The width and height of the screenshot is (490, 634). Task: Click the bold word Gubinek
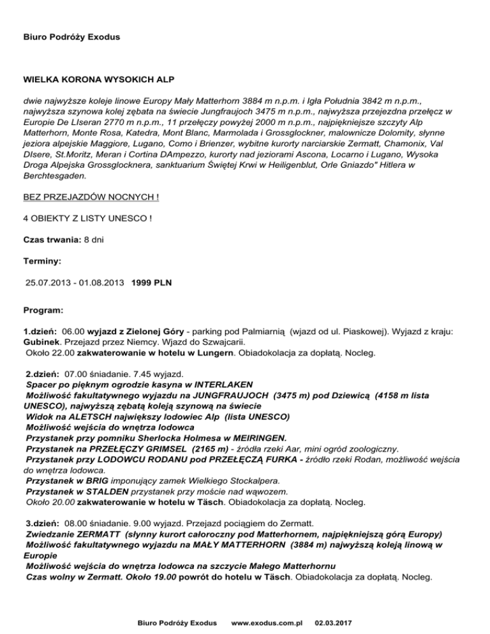pyautogui.click(x=41, y=342)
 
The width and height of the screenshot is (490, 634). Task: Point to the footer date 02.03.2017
pyautogui.click(x=336, y=621)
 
